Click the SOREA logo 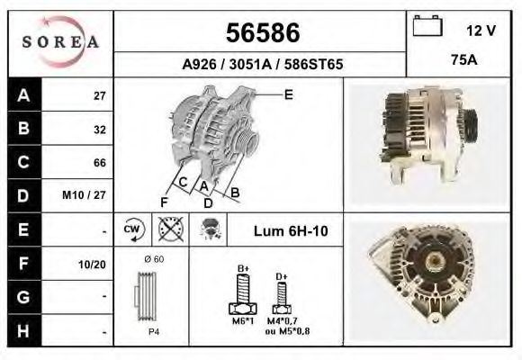(x=60, y=42)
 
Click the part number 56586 (x=263, y=32)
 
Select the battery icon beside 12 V (x=427, y=25)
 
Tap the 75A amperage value (x=464, y=60)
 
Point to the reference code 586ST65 (x=313, y=64)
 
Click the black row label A (x=24, y=95)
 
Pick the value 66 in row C (x=100, y=163)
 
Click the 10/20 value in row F (x=92, y=265)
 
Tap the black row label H (x=24, y=330)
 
